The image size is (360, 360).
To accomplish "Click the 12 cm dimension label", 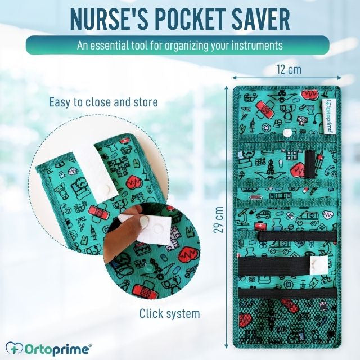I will point(287,70).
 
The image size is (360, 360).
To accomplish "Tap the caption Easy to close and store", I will point(103,102).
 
